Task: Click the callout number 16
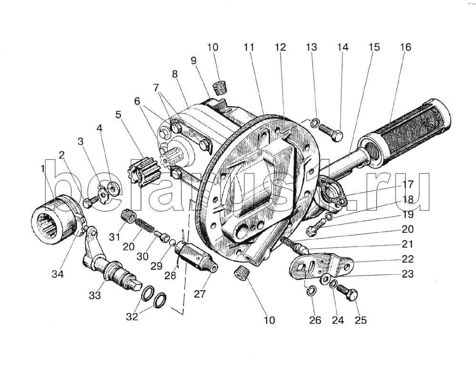[406, 47]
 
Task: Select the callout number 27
[199, 293]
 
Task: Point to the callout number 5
[118, 115]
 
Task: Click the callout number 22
[407, 259]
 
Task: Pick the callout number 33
[95, 295]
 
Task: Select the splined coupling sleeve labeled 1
[53, 221]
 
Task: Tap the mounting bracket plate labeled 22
[321, 267]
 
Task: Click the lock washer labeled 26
[309, 290]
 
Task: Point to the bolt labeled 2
[89, 203]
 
